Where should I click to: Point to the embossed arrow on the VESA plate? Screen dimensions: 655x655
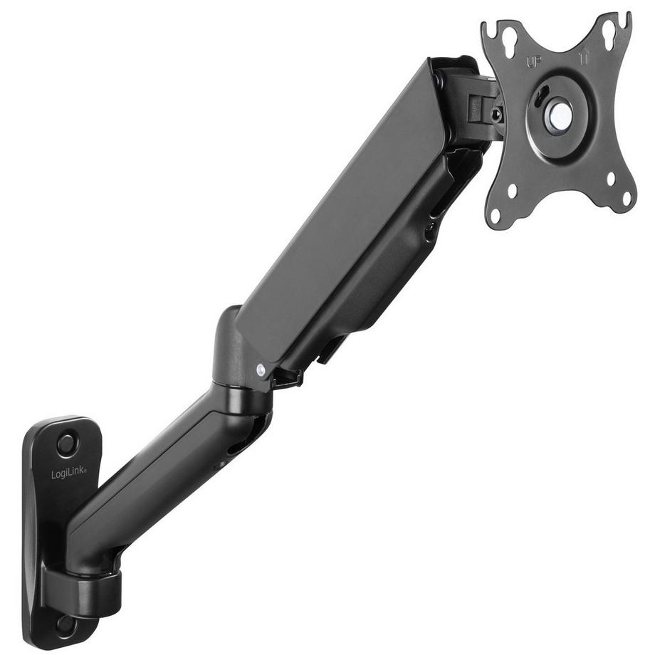[x=586, y=54]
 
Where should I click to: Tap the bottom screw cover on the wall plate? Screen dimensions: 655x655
[x=66, y=624]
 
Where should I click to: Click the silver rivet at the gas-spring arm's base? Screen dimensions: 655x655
[x=261, y=369]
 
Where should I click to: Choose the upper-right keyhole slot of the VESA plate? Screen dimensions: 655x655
[x=609, y=29]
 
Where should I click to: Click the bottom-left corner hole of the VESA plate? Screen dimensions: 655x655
[x=511, y=192]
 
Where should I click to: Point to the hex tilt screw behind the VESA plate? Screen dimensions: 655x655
[x=496, y=115]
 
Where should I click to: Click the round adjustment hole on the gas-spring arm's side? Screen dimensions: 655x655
[x=429, y=229]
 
